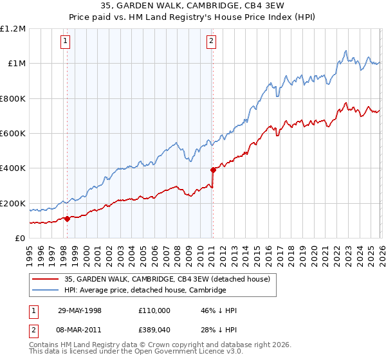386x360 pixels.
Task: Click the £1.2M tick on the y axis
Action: (13, 29)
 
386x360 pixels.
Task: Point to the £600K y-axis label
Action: (13, 134)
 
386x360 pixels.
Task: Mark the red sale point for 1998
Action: (67, 219)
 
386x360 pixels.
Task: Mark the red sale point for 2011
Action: (212, 170)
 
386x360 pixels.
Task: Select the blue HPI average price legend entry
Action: (145, 290)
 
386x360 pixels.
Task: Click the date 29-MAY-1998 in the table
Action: (80, 310)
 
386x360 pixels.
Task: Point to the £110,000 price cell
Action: (155, 310)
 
